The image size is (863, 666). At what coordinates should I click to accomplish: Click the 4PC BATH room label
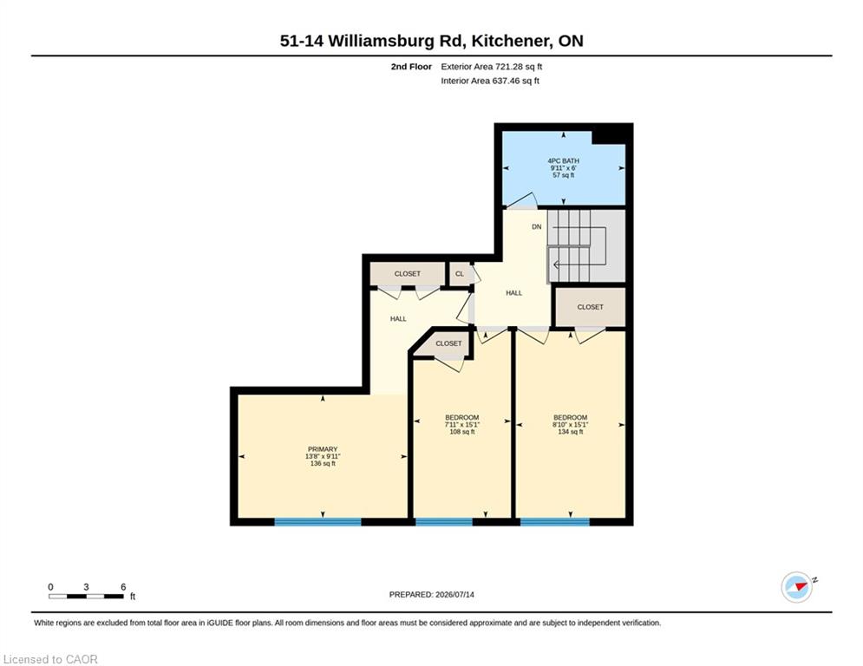pyautogui.click(x=563, y=160)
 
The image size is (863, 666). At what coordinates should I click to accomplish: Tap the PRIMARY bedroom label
pyautogui.click(x=323, y=449)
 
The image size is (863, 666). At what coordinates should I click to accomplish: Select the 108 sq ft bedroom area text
pyautogui.click(x=461, y=432)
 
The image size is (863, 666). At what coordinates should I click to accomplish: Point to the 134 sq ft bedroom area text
pyautogui.click(x=570, y=432)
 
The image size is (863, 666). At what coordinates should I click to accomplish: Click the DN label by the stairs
pyautogui.click(x=537, y=227)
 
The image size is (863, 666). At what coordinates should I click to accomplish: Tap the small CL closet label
pyautogui.click(x=460, y=273)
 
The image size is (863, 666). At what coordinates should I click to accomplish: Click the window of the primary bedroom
pyautogui.click(x=317, y=522)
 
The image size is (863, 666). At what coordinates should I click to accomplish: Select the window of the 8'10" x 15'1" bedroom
pyautogui.click(x=555, y=522)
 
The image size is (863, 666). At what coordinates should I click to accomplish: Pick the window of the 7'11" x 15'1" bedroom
pyautogui.click(x=443, y=522)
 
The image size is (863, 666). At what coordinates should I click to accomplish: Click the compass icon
pyautogui.click(x=797, y=587)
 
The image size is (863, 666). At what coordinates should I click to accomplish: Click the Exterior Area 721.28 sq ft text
pyautogui.click(x=492, y=67)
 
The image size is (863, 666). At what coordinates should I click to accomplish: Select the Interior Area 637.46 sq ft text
pyautogui.click(x=490, y=81)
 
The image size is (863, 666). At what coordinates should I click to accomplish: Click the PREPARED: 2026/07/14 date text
pyautogui.click(x=432, y=594)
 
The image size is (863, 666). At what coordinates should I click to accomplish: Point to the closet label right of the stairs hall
pyautogui.click(x=590, y=307)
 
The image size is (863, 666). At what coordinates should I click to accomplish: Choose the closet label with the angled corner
pyautogui.click(x=448, y=343)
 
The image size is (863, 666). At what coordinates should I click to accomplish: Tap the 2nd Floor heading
pyautogui.click(x=411, y=67)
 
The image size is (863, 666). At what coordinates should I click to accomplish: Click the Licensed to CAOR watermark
pyautogui.click(x=50, y=659)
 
